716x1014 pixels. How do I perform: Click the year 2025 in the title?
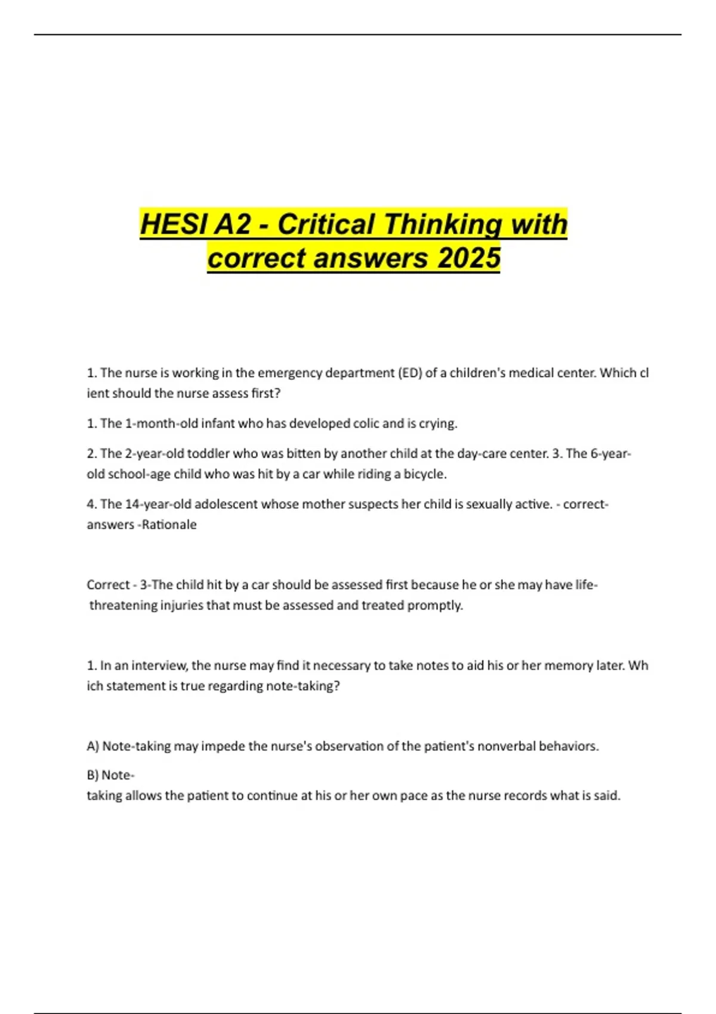pos(468,258)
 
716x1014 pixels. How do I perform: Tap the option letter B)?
pos(92,775)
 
